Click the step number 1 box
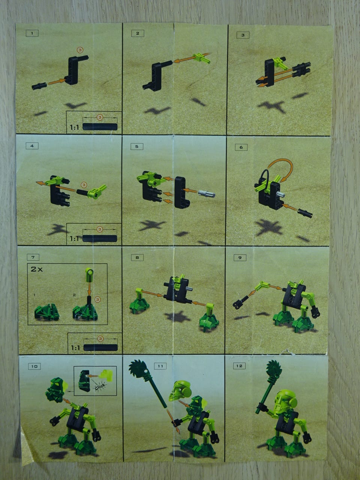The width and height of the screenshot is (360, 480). click(32, 33)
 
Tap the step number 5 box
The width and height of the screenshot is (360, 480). click(137, 147)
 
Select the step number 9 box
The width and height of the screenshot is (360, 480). click(240, 258)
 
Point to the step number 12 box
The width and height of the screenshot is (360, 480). click(239, 366)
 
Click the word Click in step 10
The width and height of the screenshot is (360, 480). click(100, 386)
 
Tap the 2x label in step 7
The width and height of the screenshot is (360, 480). click(37, 269)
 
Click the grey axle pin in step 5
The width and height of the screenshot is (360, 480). click(207, 193)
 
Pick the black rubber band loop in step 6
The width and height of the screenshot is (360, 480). click(263, 177)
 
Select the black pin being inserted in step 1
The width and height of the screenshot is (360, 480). click(39, 86)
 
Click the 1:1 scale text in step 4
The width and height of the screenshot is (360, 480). click(75, 238)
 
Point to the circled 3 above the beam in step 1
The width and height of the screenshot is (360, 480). click(80, 50)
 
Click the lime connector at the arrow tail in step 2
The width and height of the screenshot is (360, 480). click(201, 58)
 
